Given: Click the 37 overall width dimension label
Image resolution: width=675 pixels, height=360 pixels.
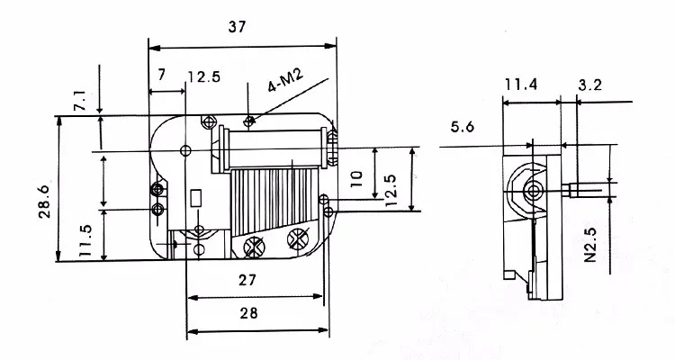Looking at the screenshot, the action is [x=237, y=27].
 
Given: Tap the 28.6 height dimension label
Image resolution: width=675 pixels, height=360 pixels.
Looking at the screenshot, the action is [x=45, y=202].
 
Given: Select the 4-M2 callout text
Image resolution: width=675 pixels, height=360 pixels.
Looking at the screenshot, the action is [x=285, y=80].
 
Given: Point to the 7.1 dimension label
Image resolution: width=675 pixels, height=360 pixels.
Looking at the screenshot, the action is [x=80, y=100].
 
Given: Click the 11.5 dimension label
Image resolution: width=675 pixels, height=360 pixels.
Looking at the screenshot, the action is [x=85, y=240].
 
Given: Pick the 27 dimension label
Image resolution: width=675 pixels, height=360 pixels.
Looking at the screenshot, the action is [x=247, y=280].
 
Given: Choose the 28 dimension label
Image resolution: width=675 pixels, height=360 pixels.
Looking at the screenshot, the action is [x=248, y=313].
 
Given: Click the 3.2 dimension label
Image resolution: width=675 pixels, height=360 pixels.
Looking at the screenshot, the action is [x=589, y=85].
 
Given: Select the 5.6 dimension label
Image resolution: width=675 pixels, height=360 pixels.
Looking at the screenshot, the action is [x=463, y=127].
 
